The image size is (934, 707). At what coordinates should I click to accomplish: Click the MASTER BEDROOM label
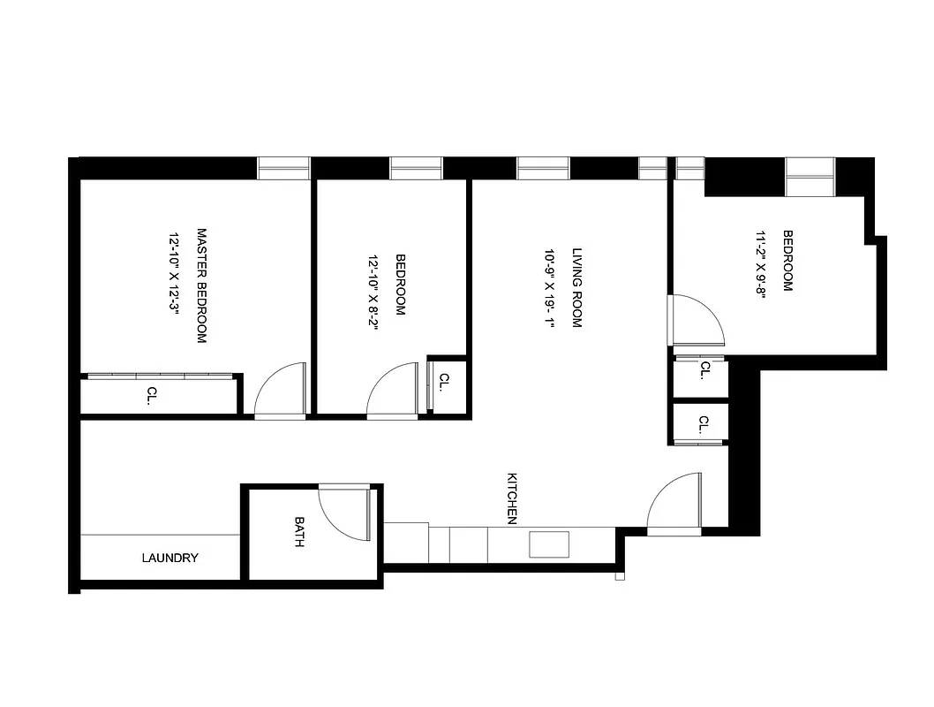(201, 286)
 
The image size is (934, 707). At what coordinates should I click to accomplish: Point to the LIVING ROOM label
(577, 287)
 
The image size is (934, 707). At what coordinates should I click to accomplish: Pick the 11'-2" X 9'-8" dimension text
(759, 266)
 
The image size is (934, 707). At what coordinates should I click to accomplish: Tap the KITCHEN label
(511, 498)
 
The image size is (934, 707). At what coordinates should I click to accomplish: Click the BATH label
(299, 532)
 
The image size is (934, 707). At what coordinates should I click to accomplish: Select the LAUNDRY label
(169, 559)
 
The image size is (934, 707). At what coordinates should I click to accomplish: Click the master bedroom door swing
(281, 391)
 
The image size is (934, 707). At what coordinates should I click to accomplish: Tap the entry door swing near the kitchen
(674, 505)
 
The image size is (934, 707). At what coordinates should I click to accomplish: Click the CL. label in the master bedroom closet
(152, 395)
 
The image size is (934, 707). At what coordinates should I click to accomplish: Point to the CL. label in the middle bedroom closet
(444, 381)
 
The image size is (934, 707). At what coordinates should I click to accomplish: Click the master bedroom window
(283, 168)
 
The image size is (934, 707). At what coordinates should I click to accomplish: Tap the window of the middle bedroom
(416, 168)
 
